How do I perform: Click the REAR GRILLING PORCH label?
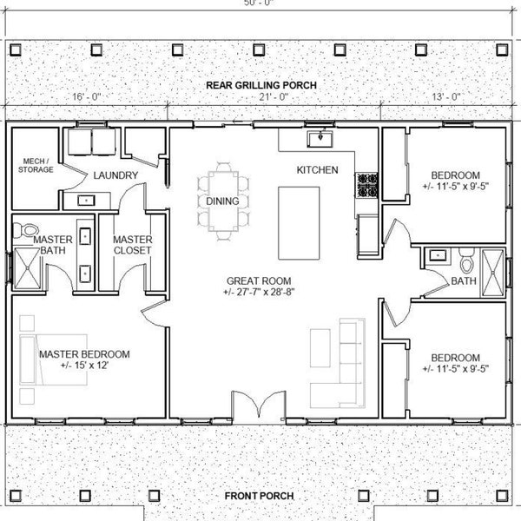tap(260, 85)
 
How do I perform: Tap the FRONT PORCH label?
tap(259, 496)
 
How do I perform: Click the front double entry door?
tap(260, 405)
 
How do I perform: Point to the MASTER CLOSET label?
tap(133, 245)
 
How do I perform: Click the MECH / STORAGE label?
tap(34, 165)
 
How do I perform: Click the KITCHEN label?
tap(317, 169)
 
